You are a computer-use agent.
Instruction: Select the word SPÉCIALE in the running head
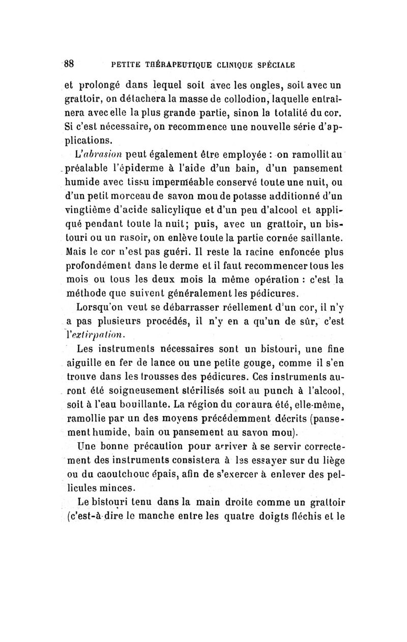pos(274,65)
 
